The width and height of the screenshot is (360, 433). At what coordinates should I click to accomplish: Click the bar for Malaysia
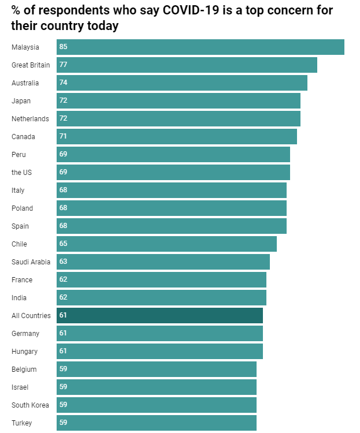click(x=200, y=47)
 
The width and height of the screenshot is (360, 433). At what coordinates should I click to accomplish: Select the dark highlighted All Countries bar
click(x=159, y=315)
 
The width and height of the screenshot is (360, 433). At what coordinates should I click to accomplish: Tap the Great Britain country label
click(x=31, y=65)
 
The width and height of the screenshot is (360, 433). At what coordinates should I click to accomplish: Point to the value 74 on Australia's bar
click(x=63, y=83)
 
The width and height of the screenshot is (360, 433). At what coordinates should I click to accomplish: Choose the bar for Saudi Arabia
click(x=163, y=262)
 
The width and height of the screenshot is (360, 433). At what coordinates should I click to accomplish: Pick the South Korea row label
click(x=30, y=405)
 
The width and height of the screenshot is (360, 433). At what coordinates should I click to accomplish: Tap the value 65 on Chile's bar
click(x=63, y=244)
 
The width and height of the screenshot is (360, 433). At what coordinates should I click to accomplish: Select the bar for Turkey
click(x=156, y=423)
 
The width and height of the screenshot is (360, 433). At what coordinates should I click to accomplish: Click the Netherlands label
click(x=30, y=118)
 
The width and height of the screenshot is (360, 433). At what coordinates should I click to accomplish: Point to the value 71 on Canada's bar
click(x=63, y=136)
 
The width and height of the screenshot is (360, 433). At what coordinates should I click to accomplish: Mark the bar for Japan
click(x=178, y=100)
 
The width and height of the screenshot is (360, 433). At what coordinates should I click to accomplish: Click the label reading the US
click(x=21, y=172)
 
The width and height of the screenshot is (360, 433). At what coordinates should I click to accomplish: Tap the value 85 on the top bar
click(x=63, y=47)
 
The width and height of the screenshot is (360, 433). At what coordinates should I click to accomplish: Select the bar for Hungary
click(x=159, y=351)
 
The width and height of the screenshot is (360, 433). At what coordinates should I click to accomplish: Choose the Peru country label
click(x=18, y=154)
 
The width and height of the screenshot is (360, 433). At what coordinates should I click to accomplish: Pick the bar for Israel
click(x=156, y=387)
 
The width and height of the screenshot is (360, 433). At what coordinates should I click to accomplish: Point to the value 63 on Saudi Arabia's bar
click(x=63, y=262)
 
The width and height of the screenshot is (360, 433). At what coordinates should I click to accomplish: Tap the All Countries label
click(x=31, y=315)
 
